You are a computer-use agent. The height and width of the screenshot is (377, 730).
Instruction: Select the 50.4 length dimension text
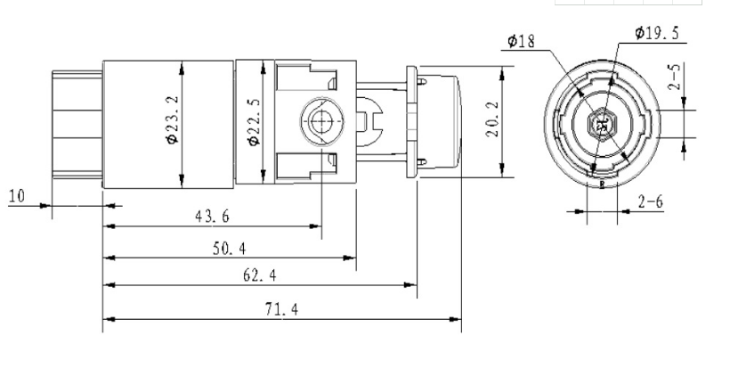[x=229, y=247]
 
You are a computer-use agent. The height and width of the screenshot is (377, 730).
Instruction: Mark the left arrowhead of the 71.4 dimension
[x=107, y=318]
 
